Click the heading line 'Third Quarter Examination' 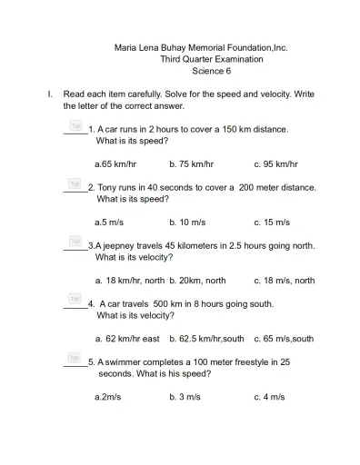(x=211, y=59)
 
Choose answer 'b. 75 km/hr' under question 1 (x=191, y=164)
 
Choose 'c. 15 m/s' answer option (x=272, y=222)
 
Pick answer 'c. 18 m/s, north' (x=285, y=281)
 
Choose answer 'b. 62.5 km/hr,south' (x=206, y=339)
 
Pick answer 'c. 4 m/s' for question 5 (x=269, y=397)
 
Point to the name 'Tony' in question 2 (x=107, y=187)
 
